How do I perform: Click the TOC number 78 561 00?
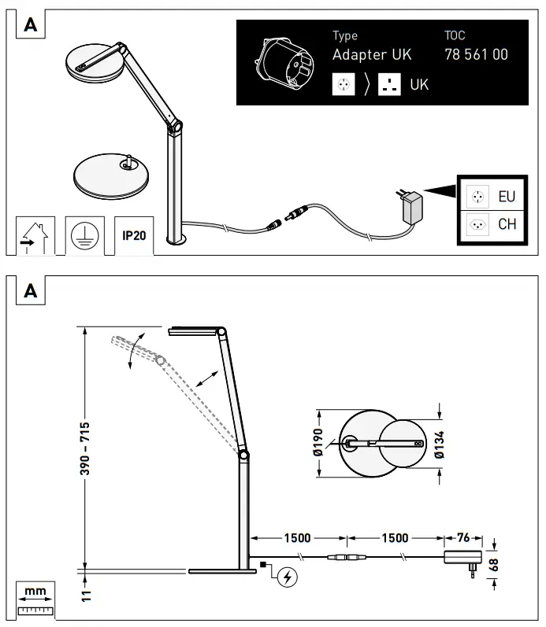click(476, 55)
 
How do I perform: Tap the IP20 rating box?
click(134, 234)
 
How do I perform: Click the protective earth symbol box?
click(84, 234)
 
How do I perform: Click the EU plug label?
click(507, 195)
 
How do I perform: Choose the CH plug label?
click(507, 224)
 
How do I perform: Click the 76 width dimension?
click(463, 538)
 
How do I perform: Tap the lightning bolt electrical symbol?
click(288, 578)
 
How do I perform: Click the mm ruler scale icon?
click(35, 598)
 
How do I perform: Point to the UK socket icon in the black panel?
click(388, 83)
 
